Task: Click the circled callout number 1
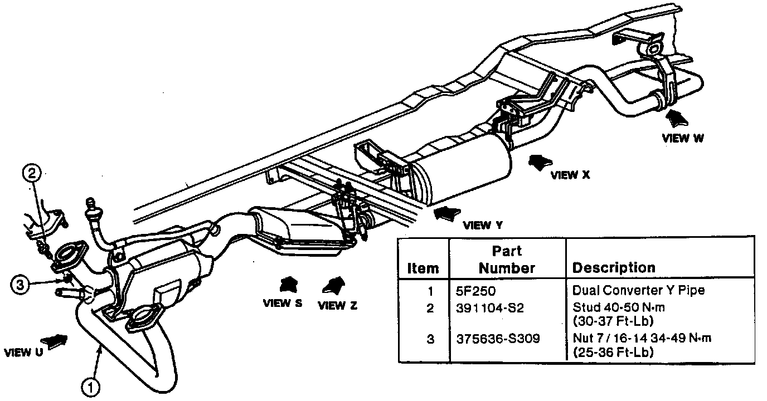(x=91, y=388)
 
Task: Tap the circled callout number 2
(x=32, y=173)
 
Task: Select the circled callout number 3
(x=20, y=285)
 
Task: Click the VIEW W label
(x=683, y=138)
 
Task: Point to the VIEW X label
(x=570, y=175)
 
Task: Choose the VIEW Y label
(x=483, y=225)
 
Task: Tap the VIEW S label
(x=283, y=303)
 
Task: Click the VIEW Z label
(x=338, y=305)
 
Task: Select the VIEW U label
(x=23, y=352)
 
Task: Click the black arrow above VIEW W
(x=677, y=119)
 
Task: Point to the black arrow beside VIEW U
(x=54, y=341)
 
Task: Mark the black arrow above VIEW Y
(x=447, y=214)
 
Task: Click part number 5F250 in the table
(x=475, y=291)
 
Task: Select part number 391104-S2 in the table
(x=490, y=309)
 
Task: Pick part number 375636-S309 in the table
(x=498, y=339)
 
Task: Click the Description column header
(x=614, y=267)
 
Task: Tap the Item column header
(x=423, y=268)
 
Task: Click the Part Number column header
(x=507, y=260)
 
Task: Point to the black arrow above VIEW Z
(x=333, y=285)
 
